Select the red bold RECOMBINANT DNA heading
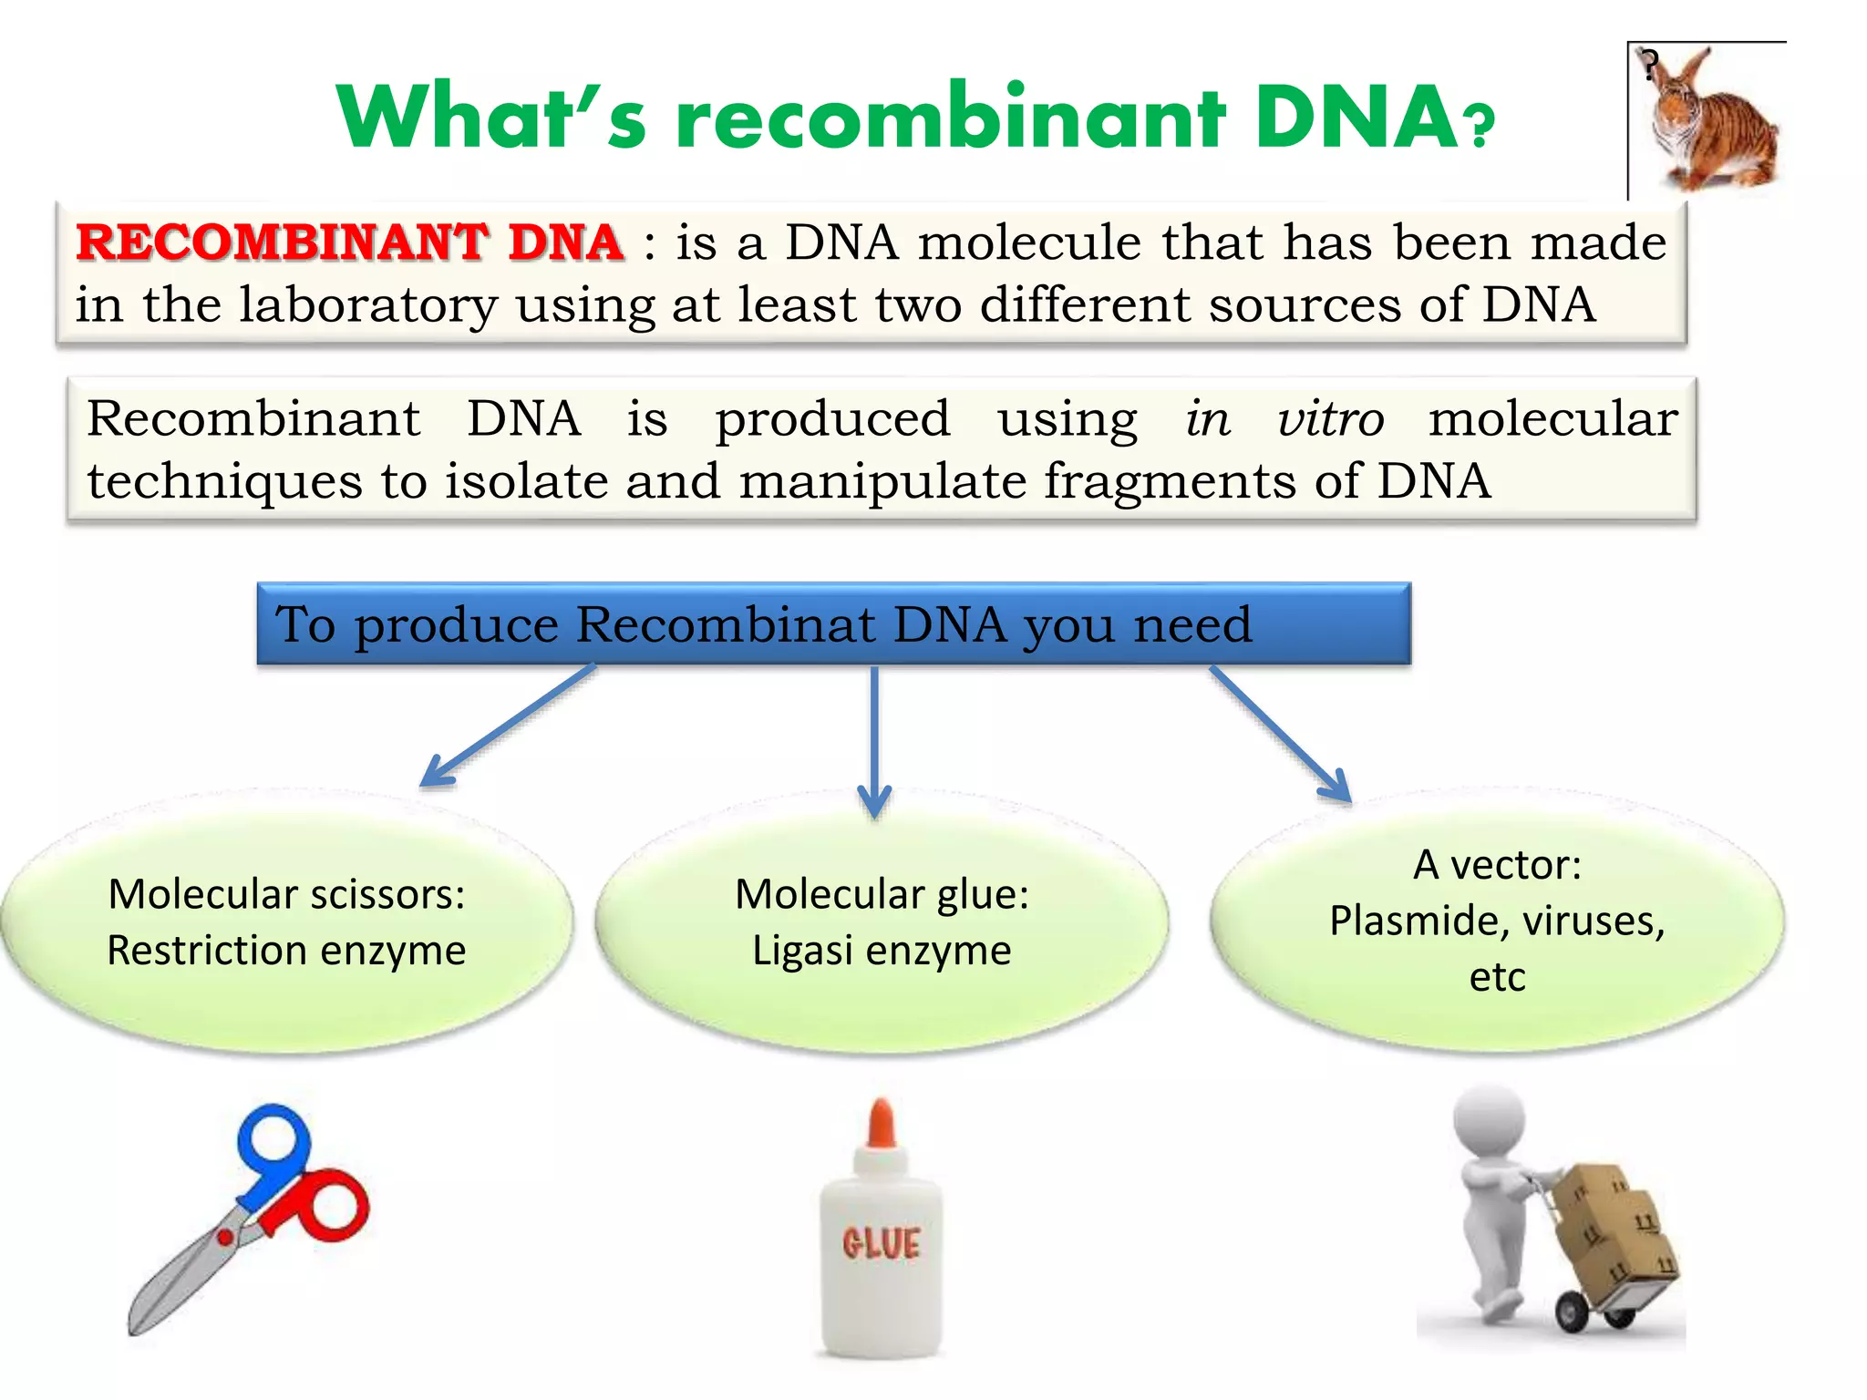[350, 243]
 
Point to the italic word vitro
[1330, 420]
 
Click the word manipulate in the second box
[882, 481]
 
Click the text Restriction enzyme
[286, 951]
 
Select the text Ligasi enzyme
[882, 951]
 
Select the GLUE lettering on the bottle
[881, 1243]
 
